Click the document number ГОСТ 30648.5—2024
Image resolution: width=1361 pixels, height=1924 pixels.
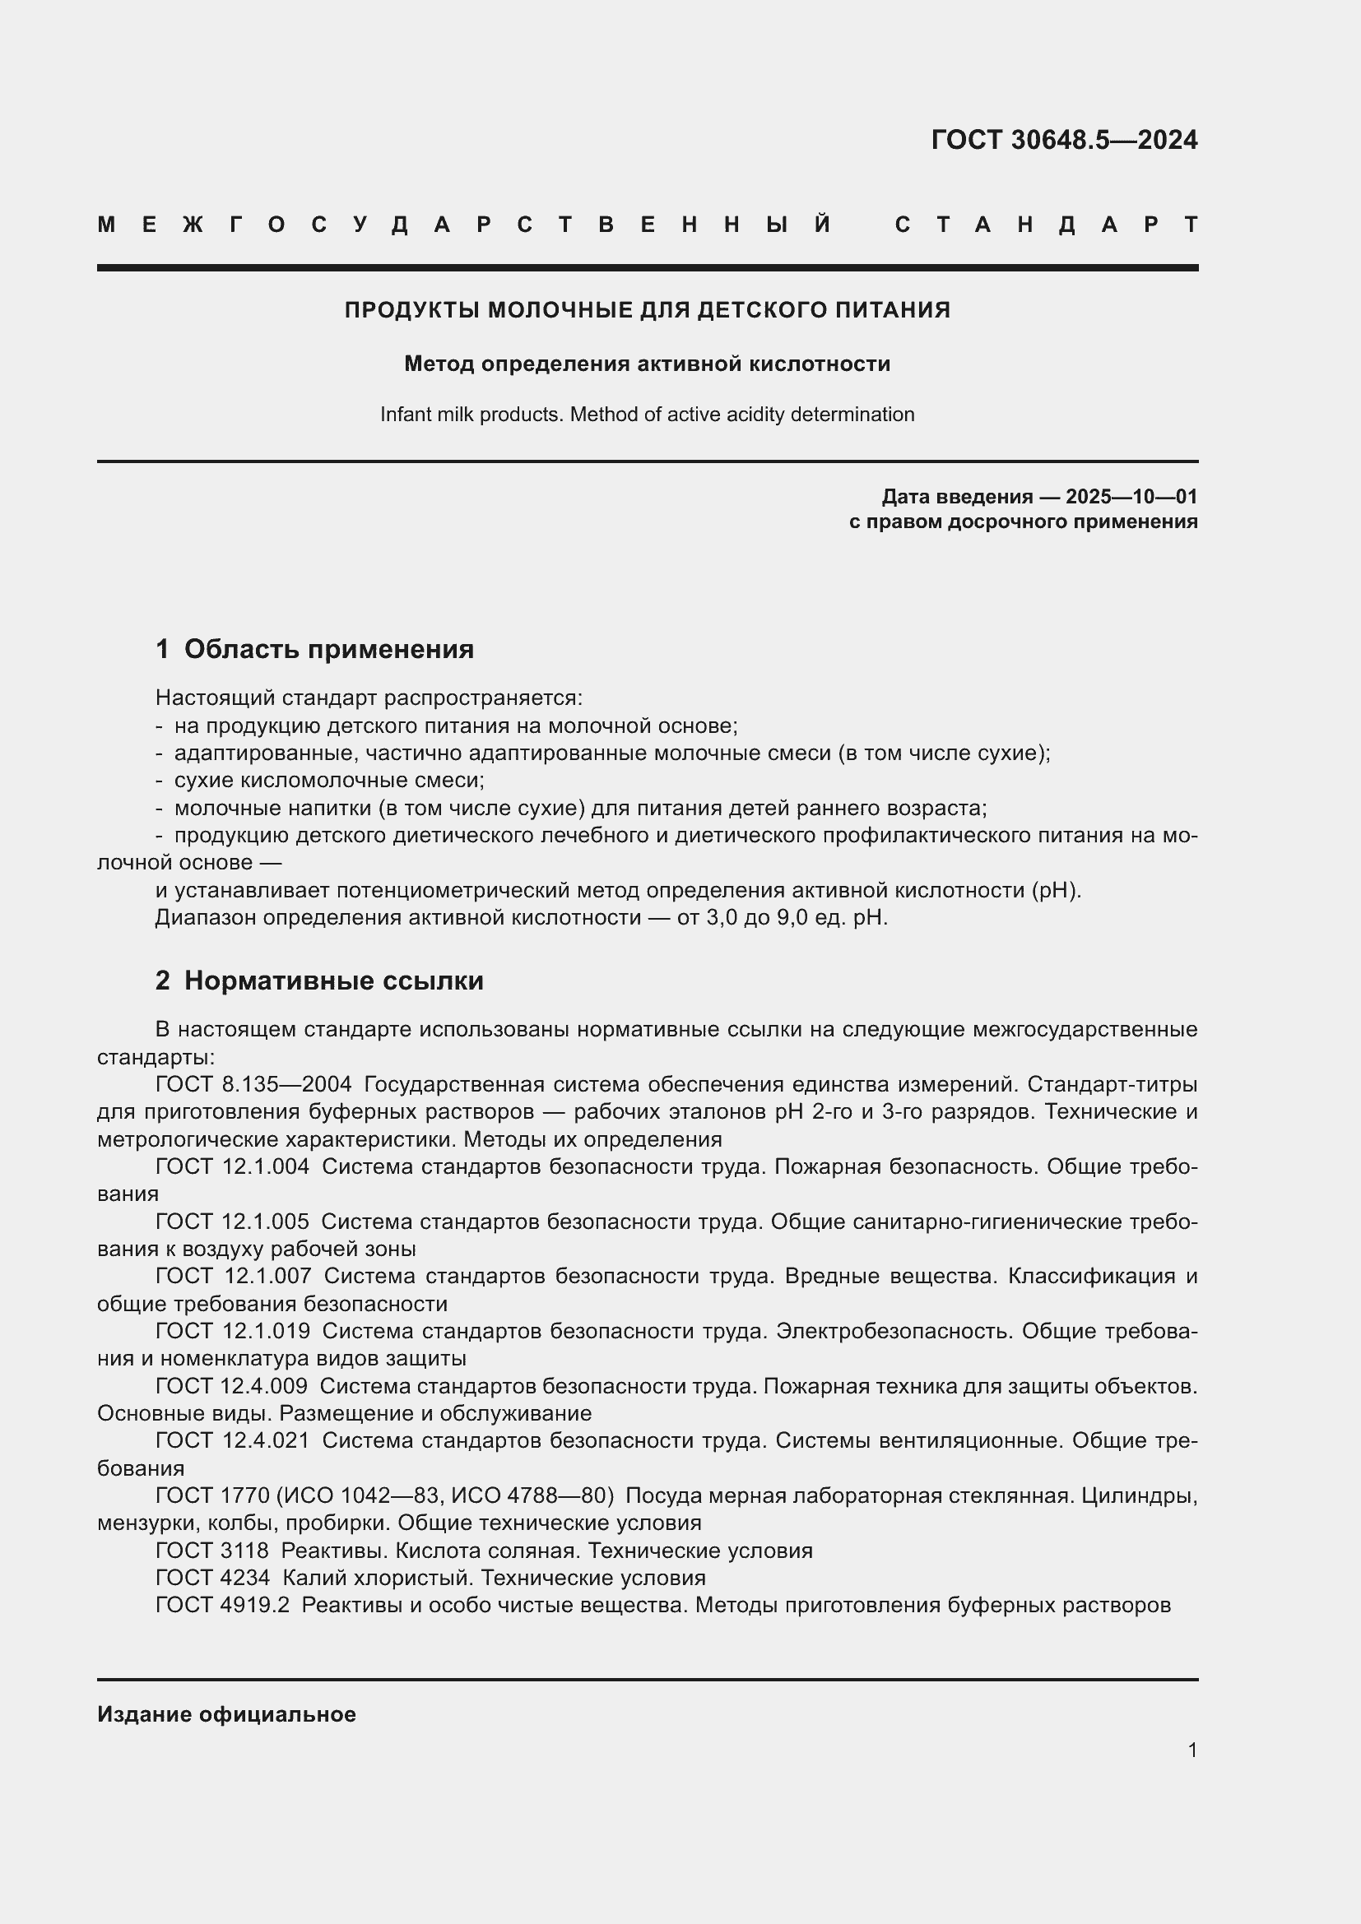pos(1063,140)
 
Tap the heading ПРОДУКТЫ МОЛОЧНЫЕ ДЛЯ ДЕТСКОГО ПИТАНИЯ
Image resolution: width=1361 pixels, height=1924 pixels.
pos(647,310)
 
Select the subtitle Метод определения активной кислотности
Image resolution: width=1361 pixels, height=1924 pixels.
pos(647,364)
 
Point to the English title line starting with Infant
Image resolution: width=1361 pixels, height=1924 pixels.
pos(647,415)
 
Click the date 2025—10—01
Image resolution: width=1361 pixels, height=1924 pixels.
pos(1131,497)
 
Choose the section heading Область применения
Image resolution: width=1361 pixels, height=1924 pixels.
pos(328,650)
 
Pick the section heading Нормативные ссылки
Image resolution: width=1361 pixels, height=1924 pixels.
pos(333,981)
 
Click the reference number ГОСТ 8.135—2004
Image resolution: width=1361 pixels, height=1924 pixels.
pos(253,1085)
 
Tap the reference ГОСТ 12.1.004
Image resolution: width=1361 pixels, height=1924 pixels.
pos(232,1167)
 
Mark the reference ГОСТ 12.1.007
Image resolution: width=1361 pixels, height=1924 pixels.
pos(233,1277)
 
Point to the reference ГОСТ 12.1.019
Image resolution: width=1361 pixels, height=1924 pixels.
pos(232,1332)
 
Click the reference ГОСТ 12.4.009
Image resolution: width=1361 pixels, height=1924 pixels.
pos(231,1387)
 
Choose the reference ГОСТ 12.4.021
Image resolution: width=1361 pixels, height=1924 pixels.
pos(232,1441)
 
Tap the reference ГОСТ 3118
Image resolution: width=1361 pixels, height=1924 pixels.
pos(212,1551)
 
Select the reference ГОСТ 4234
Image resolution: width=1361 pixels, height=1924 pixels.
pos(213,1579)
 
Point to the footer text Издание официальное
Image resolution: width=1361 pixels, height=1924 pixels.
pos(226,1714)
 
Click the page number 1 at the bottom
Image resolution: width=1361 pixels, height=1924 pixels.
pos(1191,1750)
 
